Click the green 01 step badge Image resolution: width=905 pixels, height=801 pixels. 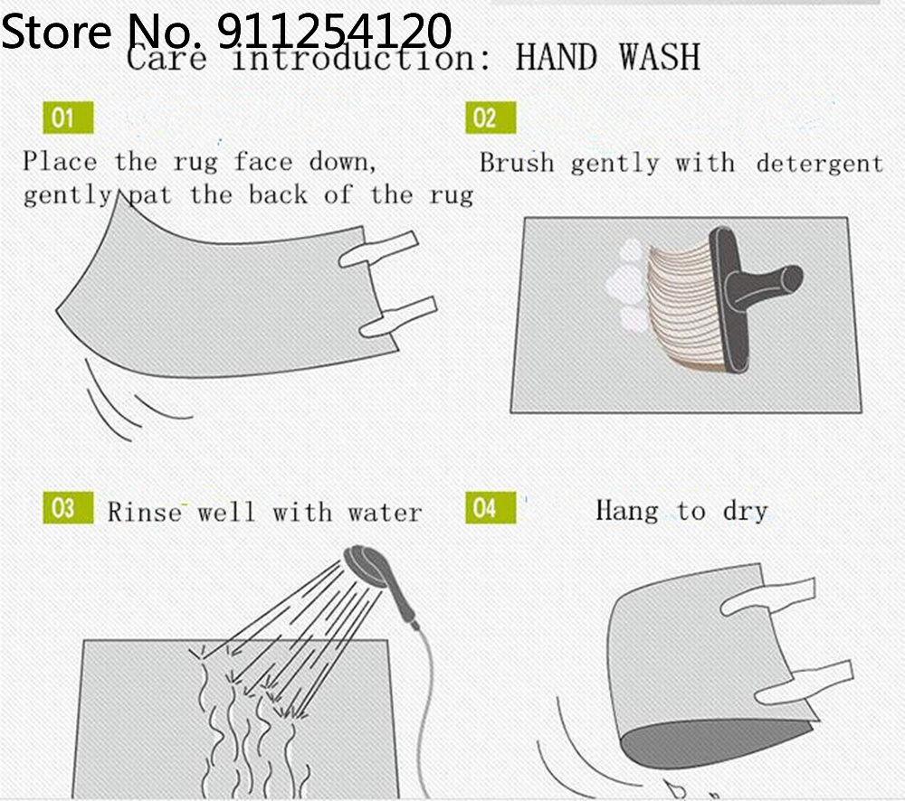pos(68,118)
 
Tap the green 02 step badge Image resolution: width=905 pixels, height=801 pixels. pos(491,118)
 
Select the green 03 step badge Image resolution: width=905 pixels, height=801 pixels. pos(68,508)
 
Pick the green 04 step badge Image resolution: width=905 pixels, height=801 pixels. pos(491,508)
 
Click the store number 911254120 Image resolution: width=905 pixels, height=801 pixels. pos(335,31)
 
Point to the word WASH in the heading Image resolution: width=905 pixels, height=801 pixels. pos(660,57)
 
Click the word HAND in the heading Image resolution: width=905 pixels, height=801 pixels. pos(556,57)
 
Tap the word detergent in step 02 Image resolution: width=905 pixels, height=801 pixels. pos(820,165)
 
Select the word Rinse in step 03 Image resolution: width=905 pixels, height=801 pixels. pos(144,512)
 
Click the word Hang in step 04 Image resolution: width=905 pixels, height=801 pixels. pos(627,512)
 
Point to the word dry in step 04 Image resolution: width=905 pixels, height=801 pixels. pos(745,512)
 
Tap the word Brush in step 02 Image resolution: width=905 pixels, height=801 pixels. pos(517,164)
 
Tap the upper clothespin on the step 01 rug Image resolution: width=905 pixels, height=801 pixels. pos(378,250)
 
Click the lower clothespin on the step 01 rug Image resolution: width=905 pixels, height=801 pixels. pos(398,316)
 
